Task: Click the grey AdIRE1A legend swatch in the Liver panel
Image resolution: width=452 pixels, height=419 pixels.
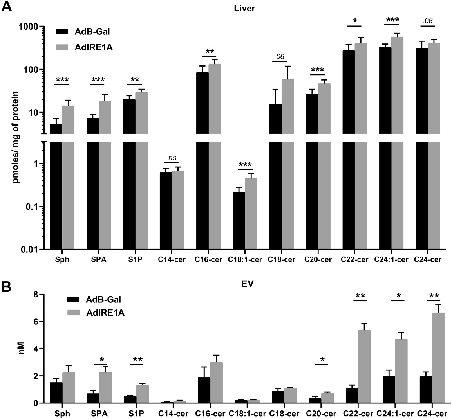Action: coord(62,47)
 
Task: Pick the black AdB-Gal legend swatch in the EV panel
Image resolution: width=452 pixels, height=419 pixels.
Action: coord(73,300)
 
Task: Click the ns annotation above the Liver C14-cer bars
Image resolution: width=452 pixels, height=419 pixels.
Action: coord(172,158)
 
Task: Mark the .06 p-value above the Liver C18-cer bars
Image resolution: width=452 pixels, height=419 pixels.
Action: coord(279,57)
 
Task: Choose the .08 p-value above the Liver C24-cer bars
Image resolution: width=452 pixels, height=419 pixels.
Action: coord(428,21)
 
